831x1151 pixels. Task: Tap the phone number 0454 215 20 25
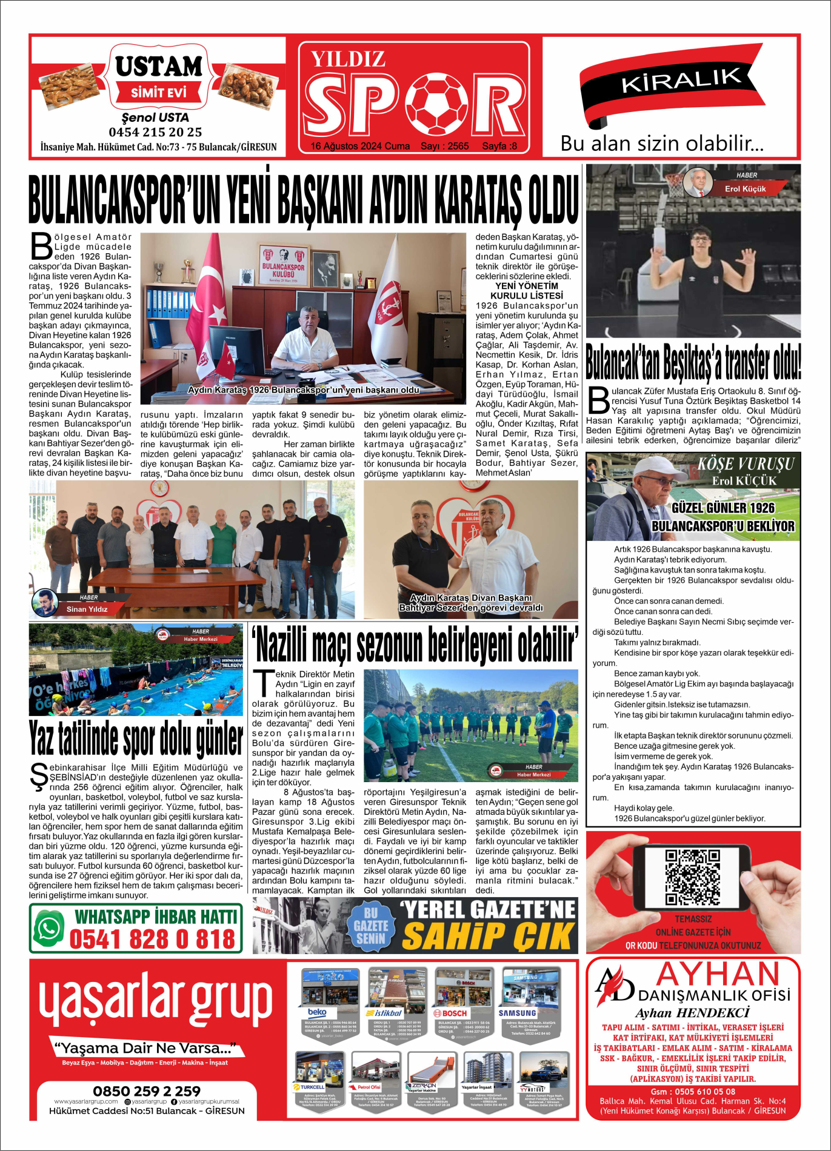tap(155, 132)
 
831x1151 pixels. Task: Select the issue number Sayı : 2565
tap(444, 146)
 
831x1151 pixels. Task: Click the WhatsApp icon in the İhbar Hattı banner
tap(49, 928)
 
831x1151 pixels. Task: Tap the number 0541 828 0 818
tap(152, 940)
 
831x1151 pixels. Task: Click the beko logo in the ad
tap(317, 1012)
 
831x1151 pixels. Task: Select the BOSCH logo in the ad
tap(450, 1013)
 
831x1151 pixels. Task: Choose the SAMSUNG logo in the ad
tap(517, 1013)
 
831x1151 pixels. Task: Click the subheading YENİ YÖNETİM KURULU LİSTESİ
tap(526, 291)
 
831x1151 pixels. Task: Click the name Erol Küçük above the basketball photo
tap(745, 189)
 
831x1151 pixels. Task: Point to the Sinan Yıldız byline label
tap(87, 609)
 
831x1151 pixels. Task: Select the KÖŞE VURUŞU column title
tap(745, 465)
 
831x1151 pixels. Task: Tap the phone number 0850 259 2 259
tap(147, 1091)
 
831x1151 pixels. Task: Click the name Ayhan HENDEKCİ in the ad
tap(692, 1013)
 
